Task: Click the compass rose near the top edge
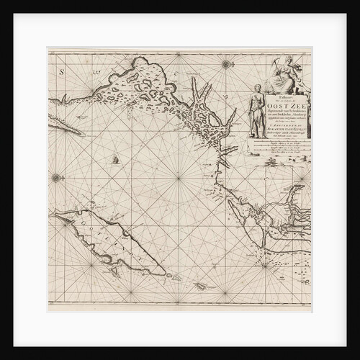click(x=226, y=65)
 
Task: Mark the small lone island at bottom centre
click(x=201, y=286)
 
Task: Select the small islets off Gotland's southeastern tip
click(x=174, y=276)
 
